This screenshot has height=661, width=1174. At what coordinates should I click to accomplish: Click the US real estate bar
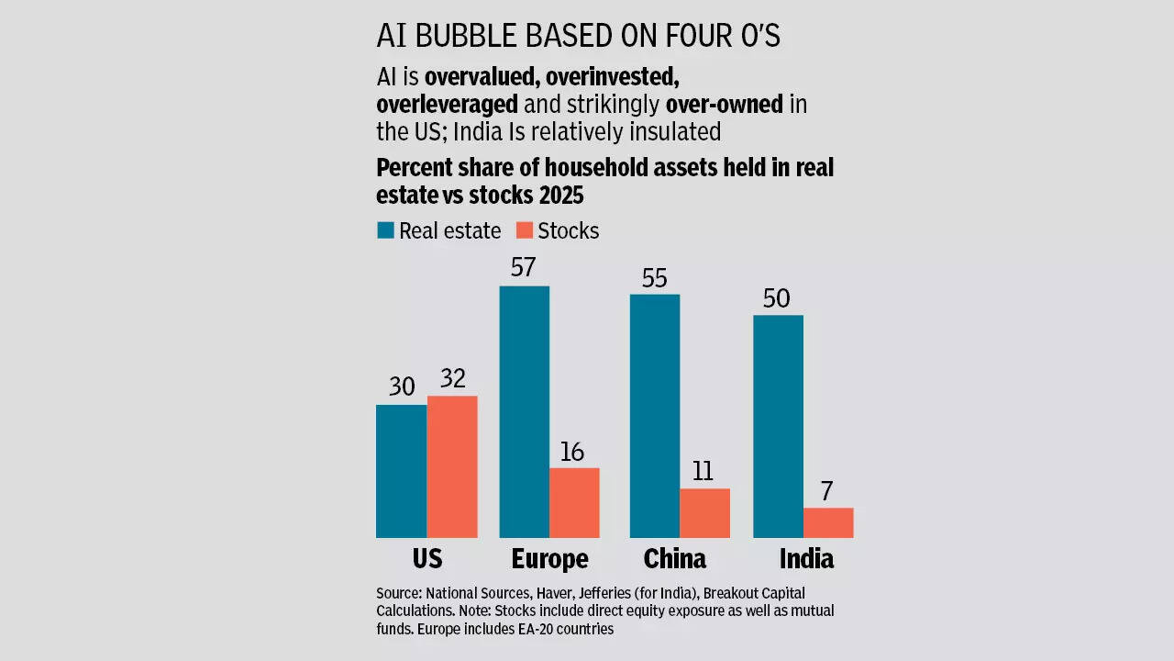pyautogui.click(x=401, y=471)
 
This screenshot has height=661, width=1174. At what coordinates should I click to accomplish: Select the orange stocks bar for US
pyautogui.click(x=452, y=466)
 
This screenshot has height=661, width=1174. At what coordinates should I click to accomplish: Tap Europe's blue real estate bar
pyautogui.click(x=524, y=411)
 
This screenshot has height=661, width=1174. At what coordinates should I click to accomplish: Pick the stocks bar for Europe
pyautogui.click(x=574, y=502)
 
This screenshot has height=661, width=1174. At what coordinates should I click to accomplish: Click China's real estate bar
pyautogui.click(x=654, y=416)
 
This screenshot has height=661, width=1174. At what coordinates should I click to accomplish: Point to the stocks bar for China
pyautogui.click(x=704, y=512)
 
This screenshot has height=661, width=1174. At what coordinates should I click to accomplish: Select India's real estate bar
pyautogui.click(x=778, y=426)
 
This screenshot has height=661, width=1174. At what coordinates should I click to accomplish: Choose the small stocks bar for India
pyautogui.click(x=828, y=522)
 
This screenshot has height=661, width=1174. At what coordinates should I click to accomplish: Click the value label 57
pyautogui.click(x=524, y=268)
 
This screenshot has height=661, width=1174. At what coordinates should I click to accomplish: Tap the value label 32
pyautogui.click(x=453, y=378)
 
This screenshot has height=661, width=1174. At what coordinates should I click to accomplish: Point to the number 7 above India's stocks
pyautogui.click(x=826, y=491)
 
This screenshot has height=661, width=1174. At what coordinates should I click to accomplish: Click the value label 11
pyautogui.click(x=703, y=471)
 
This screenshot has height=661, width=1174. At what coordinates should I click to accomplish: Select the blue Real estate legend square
pyautogui.click(x=385, y=230)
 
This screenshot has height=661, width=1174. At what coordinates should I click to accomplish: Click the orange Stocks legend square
pyautogui.click(x=524, y=230)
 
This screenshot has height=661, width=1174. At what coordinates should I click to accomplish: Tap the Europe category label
pyautogui.click(x=549, y=558)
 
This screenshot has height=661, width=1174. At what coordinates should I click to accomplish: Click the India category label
pyautogui.click(x=806, y=558)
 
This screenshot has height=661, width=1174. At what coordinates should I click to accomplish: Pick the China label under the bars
pyautogui.click(x=675, y=558)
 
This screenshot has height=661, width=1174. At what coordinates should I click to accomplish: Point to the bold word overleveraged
pyautogui.click(x=447, y=104)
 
